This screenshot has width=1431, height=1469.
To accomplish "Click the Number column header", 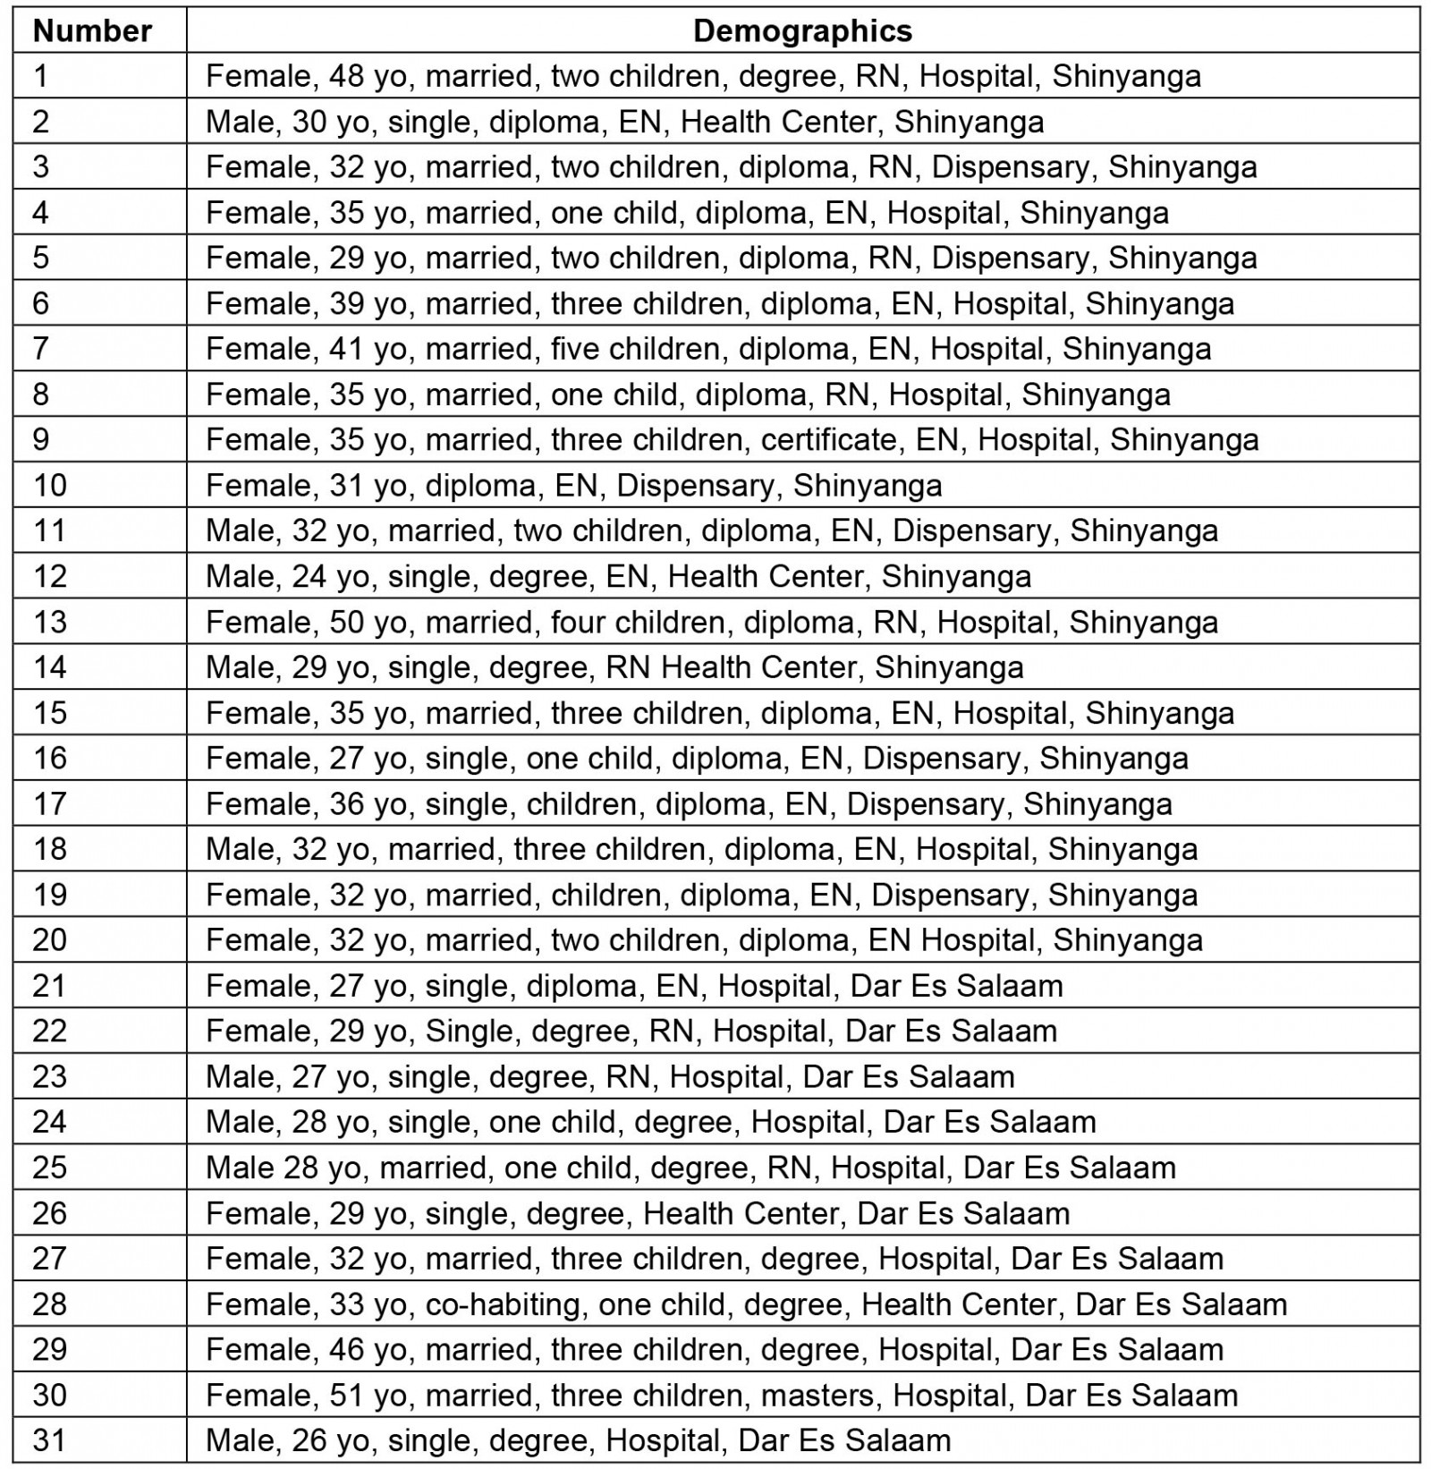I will [92, 31].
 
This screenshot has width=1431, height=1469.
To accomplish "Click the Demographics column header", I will [802, 31].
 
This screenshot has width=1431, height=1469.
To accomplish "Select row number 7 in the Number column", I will [41, 348].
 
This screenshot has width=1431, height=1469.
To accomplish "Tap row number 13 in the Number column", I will [50, 621].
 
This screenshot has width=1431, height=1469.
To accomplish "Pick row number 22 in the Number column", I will [50, 1031].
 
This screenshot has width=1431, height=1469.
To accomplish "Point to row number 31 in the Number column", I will [50, 1439].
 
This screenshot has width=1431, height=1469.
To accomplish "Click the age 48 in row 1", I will [347, 76].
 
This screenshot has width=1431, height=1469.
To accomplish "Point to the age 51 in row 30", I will [347, 1395].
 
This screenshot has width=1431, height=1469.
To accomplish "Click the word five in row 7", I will [575, 348].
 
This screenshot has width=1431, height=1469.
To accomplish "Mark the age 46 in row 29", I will [347, 1349].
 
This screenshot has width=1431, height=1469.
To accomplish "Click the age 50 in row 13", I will [347, 621].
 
